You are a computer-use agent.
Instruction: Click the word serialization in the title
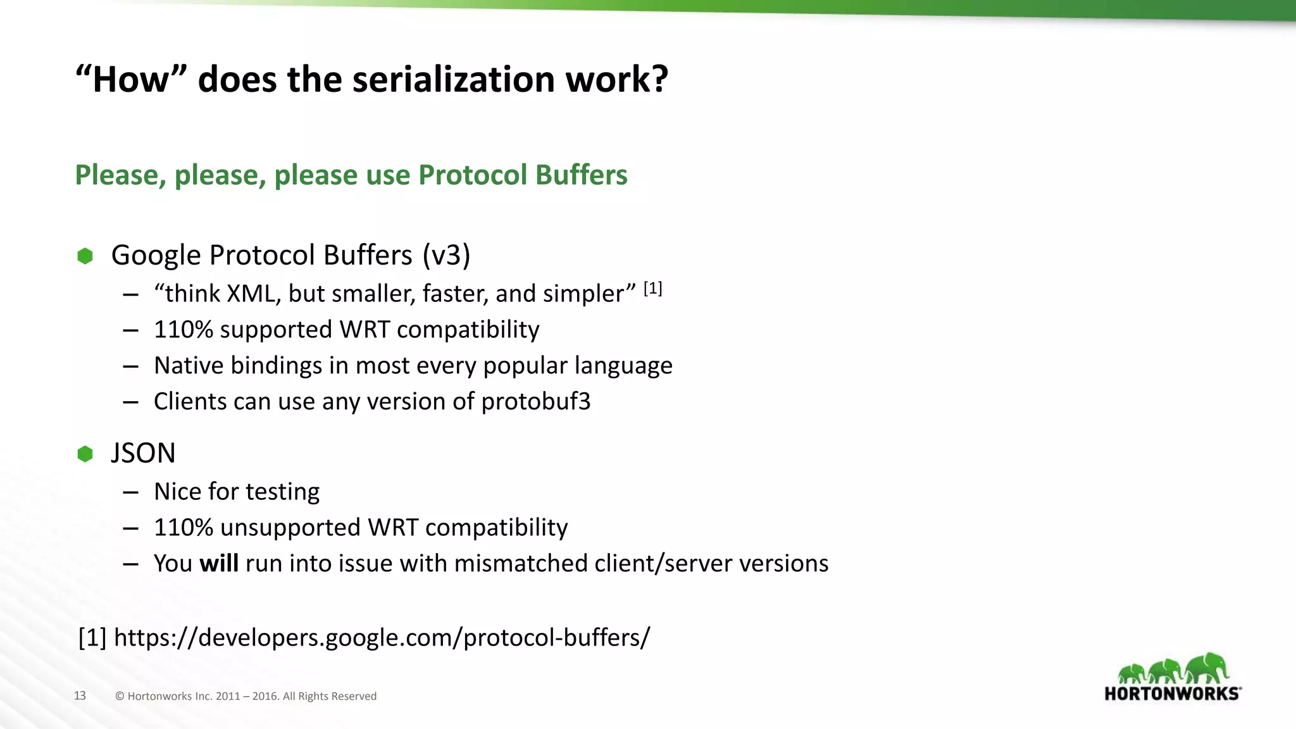click(454, 80)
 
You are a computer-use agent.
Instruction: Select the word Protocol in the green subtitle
click(473, 175)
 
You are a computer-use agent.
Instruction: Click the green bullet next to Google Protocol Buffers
click(85, 256)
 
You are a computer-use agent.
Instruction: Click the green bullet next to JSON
click(85, 454)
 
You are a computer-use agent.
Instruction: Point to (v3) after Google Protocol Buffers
click(446, 256)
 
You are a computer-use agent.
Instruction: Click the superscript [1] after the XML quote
click(652, 289)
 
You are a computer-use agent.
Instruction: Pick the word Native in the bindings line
click(189, 366)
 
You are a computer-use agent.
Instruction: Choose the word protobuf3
click(535, 402)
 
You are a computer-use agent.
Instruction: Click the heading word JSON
click(143, 454)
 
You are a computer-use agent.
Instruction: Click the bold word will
click(219, 563)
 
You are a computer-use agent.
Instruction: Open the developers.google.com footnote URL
click(382, 637)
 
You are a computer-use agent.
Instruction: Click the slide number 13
click(80, 695)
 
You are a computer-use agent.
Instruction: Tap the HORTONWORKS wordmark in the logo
click(1172, 694)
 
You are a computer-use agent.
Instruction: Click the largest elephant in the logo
click(1207, 668)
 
